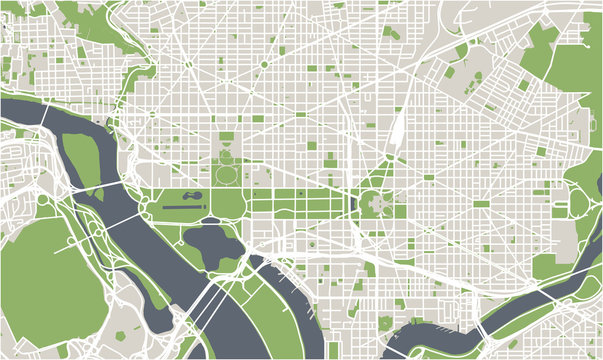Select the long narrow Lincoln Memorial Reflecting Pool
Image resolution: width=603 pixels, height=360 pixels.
184,207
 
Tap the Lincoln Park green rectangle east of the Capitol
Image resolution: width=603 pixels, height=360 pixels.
481,204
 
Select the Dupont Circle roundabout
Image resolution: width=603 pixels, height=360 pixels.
187,64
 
